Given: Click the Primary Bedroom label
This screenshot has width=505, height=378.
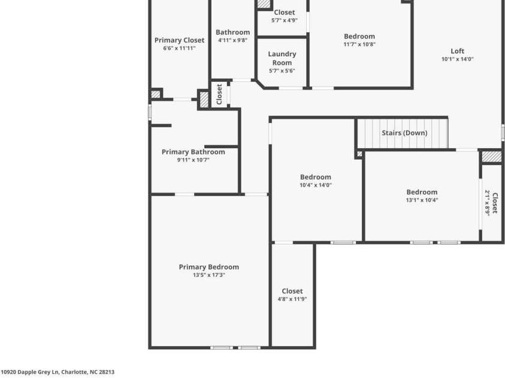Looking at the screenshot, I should point(208,267).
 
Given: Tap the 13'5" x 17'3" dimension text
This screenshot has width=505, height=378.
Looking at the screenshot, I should point(208,275).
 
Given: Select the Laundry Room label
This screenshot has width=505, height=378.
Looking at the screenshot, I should point(282,58).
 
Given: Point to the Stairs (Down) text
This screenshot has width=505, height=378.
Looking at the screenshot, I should point(404,133).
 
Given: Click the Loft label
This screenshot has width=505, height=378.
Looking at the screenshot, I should point(457,51).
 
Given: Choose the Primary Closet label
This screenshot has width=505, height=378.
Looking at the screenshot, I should point(179,40).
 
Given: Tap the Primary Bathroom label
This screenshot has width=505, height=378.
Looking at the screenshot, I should point(193,152).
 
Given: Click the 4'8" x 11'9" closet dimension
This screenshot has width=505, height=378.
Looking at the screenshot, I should point(292,299).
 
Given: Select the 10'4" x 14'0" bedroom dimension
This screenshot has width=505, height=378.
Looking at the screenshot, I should point(315,185).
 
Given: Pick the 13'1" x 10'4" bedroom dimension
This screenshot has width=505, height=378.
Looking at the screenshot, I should point(422,200).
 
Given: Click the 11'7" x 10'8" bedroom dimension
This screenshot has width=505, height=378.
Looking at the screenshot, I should point(359,44).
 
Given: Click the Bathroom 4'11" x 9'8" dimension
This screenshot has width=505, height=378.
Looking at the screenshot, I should point(232,40).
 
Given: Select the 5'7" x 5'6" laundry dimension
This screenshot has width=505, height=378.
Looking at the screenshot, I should point(282,71).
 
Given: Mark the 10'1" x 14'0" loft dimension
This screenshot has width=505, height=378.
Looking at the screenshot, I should point(457,59).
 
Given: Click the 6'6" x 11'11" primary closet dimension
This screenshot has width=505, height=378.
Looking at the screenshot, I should point(179,48).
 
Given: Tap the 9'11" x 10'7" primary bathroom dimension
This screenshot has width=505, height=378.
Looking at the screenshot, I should point(193,160).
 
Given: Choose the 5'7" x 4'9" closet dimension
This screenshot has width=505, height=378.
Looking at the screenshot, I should point(285,20).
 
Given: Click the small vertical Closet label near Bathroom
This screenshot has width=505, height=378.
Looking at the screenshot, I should point(219,94).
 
